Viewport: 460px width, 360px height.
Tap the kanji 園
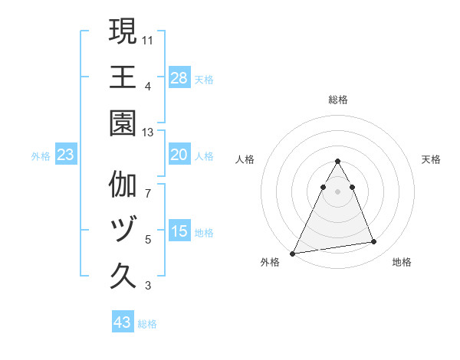point(123,123)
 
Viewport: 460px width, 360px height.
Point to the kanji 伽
point(123,185)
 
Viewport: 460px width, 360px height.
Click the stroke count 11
point(149,38)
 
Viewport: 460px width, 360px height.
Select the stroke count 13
point(149,132)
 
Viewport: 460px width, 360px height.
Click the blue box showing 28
point(179,78)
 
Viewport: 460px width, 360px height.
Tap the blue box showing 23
point(66,155)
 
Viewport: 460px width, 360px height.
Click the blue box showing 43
point(123,322)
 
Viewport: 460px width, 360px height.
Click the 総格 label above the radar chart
point(338,100)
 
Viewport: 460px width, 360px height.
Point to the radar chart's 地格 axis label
point(402,262)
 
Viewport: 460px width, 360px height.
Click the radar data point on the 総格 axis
point(338,161)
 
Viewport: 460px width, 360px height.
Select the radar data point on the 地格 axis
point(374,242)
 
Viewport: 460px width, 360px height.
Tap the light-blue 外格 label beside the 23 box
point(41,156)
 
